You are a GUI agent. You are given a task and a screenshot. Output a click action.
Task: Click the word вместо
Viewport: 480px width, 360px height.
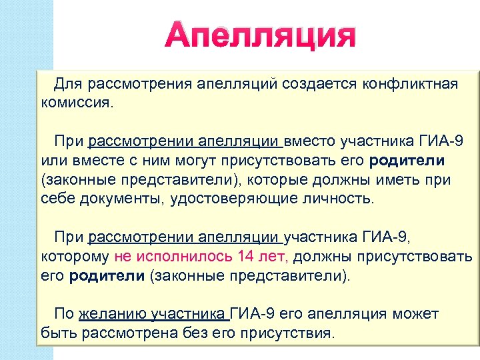pos(311,142)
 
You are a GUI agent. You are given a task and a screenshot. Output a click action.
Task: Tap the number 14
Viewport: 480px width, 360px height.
pos(247,256)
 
